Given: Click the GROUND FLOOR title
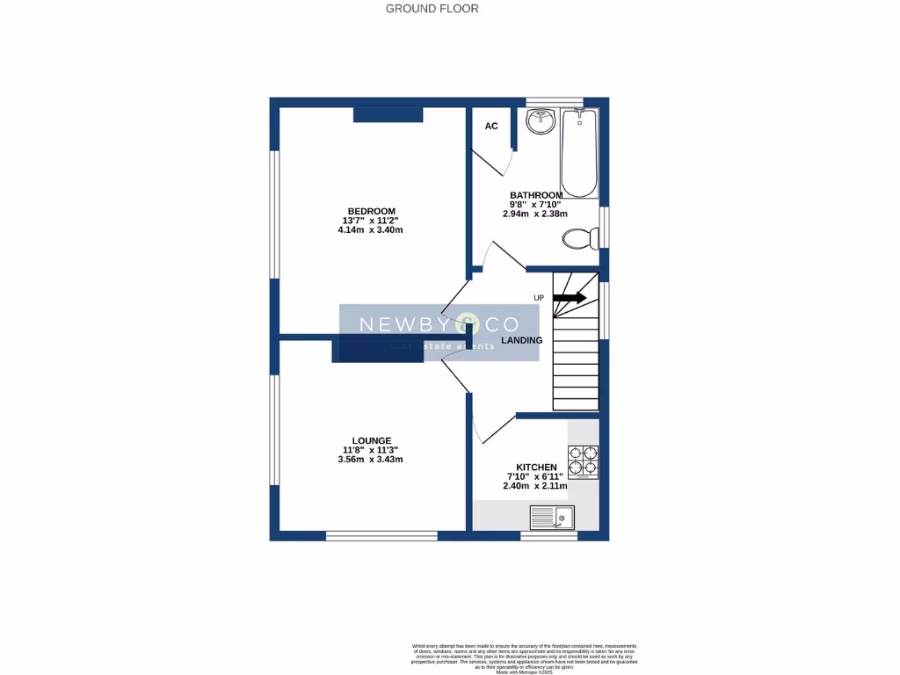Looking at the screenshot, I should pos(432,9).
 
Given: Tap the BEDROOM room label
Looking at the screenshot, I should pos(371,211).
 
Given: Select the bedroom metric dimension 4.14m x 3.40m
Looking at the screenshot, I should pos(370,230).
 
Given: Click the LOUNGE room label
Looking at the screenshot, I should pos(372,440).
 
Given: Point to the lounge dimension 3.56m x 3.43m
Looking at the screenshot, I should pos(371,460).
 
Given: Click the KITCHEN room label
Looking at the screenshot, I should pos(535,467).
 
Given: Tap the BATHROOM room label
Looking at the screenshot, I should pos(536,195).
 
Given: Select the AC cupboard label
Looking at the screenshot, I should pos(491,127).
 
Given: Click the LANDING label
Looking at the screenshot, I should pos(521,340).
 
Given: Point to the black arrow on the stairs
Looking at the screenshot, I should pos(570,298).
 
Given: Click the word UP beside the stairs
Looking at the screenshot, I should pos(539,298).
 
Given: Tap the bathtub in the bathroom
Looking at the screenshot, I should pos(579,153).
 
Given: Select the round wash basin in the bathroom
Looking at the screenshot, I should pos(541,121).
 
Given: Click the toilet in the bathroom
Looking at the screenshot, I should pos(581,237).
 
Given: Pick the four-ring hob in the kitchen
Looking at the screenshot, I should pos(583,461).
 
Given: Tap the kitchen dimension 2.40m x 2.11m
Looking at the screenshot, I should pos(535,486).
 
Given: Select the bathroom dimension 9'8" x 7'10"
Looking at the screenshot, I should pos(536,204).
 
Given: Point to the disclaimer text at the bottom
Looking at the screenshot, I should pos(527,657).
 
